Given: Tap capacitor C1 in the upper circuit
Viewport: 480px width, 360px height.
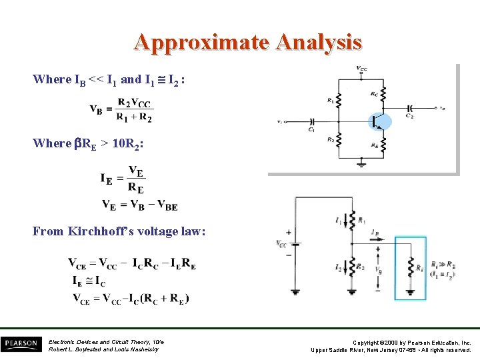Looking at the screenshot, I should pyautogui.click(x=311, y=122).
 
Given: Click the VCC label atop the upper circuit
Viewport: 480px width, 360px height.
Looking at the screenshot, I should pyautogui.click(x=361, y=68).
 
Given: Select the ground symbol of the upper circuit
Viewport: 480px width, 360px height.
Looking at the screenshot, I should pyautogui.click(x=361, y=163).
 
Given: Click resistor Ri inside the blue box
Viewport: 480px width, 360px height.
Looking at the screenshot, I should pyautogui.click(x=411, y=267).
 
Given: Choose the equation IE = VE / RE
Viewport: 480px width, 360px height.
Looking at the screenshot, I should pyautogui.click(x=123, y=179).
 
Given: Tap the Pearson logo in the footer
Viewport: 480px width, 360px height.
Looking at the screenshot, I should pyautogui.click(x=21, y=344).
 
